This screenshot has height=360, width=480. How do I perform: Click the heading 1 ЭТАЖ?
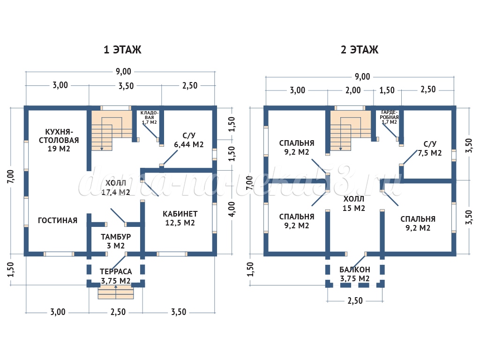122,50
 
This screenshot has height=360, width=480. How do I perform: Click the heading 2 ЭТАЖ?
360,50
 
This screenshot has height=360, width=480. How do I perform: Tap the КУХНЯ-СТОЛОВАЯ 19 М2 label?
59,140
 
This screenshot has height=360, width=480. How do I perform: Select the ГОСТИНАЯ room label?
58,220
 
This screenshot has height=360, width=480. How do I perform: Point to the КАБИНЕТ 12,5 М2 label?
180,218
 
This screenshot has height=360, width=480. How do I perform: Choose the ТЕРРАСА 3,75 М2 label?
115,276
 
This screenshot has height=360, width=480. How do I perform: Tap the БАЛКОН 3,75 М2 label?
355,274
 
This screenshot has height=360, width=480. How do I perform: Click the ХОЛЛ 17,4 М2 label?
117,187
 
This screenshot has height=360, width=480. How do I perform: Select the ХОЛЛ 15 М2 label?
354,203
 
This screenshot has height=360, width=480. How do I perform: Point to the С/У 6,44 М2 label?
188,140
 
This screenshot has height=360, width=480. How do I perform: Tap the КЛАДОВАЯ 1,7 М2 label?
150,117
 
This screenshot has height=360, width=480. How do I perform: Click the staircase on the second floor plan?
350,131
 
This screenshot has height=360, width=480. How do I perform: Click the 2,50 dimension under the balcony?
355,301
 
